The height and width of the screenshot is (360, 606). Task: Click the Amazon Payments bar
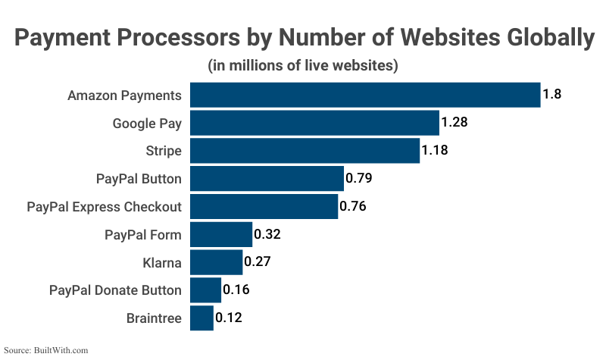[364, 95]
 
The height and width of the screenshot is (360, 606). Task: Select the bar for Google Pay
[314, 123]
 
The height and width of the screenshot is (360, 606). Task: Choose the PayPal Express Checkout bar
[264, 206]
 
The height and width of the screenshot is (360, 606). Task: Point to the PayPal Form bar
[220, 234]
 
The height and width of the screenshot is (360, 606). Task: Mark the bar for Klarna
[216, 262]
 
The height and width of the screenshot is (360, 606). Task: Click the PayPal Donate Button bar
[205, 290]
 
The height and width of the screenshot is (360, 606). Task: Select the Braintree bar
[201, 318]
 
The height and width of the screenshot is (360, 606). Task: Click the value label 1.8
[551, 95]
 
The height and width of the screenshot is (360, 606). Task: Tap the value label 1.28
[455, 123]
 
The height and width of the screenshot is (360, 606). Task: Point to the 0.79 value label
[359, 178]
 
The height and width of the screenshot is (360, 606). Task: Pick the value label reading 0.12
[229, 318]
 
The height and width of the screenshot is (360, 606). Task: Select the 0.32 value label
[267, 234]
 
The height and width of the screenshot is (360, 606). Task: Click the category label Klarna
[162, 262]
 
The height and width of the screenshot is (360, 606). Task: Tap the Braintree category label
[154, 318]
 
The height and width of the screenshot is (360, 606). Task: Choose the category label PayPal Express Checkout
[105, 206]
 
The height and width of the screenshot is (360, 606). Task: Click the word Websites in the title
[439, 39]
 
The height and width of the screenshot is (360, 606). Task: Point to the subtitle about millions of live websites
[303, 65]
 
